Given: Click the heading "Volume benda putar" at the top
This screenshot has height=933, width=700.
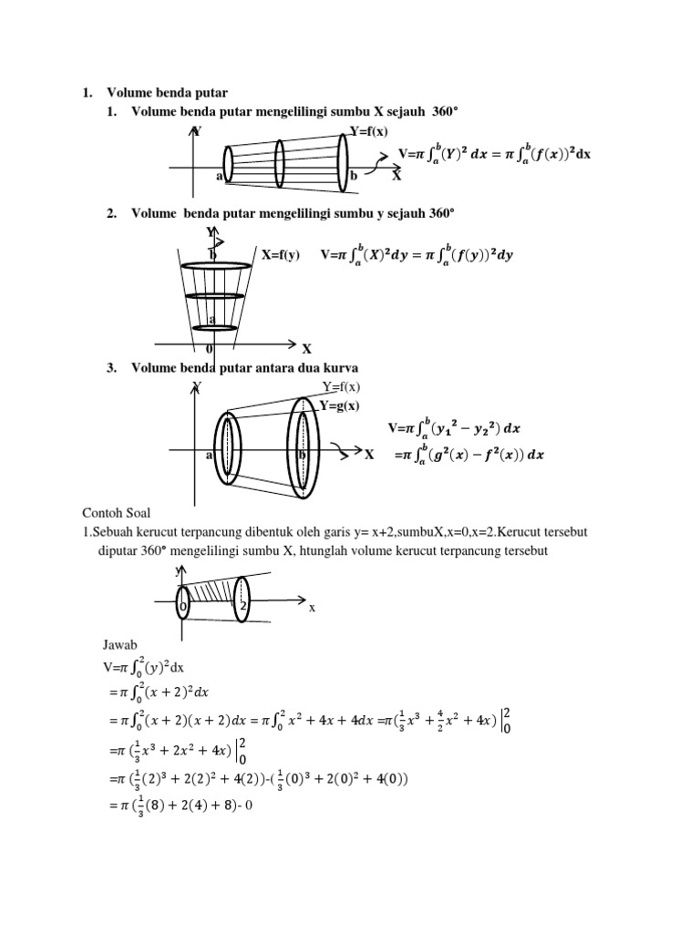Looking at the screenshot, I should [x=167, y=92].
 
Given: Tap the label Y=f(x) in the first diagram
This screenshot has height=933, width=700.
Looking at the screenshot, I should [x=368, y=131].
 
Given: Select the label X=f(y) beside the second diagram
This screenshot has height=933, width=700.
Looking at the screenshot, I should [x=280, y=255].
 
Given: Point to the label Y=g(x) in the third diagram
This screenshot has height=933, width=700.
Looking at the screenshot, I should [x=339, y=405].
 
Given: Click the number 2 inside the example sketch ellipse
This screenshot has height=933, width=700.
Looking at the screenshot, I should [x=243, y=605].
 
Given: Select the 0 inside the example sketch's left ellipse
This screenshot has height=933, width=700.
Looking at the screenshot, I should [x=183, y=604].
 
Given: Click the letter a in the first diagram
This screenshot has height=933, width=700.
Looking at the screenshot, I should [x=220, y=176].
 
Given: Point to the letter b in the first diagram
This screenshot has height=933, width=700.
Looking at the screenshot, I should [x=354, y=176].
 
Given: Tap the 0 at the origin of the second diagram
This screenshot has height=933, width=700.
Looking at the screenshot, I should [x=210, y=349].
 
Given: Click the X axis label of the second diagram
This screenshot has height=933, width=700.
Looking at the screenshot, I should [x=307, y=349].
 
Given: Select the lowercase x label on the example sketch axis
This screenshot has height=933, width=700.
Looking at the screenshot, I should [x=312, y=608].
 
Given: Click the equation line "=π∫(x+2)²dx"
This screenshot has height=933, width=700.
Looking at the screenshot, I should [x=159, y=692].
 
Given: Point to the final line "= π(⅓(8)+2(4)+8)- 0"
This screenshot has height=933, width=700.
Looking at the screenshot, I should [x=173, y=805].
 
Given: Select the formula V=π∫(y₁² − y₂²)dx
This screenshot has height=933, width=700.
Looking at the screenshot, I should [x=454, y=427].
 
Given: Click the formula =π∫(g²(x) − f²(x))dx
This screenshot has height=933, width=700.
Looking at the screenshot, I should [x=469, y=454].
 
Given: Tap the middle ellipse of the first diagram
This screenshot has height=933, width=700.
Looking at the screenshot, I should [x=280, y=163].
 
